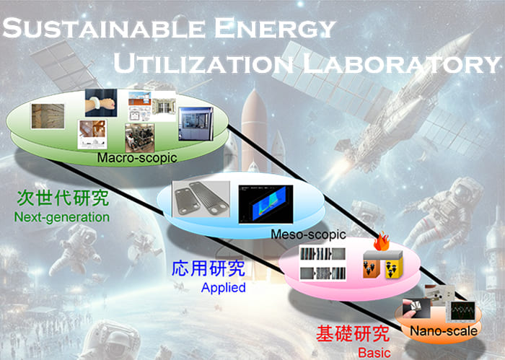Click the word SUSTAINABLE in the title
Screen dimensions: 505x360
pyautogui.click(x=104, y=28)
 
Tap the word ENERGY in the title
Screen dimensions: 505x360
pyautogui.click(x=275, y=28)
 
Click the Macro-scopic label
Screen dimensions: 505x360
pyautogui.click(x=137, y=158)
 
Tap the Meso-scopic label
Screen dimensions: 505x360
pyautogui.click(x=308, y=234)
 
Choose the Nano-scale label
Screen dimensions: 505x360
pyautogui.click(x=444, y=330)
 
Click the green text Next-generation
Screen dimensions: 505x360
pyautogui.click(x=62, y=217)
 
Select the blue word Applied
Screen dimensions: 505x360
pyautogui.click(x=223, y=287)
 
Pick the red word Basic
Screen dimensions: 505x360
pyautogui.click(x=374, y=353)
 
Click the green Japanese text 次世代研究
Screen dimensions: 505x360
pyautogui.click(x=63, y=198)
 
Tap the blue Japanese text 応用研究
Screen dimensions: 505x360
pyautogui.click(x=208, y=268)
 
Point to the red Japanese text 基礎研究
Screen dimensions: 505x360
pyautogui.click(x=353, y=333)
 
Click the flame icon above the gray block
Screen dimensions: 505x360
pyautogui.click(x=382, y=241)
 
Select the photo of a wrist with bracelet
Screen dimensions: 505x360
pyautogui.click(x=101, y=102)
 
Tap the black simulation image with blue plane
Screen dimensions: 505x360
pyautogui.click(x=265, y=204)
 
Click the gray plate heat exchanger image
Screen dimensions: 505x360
pyautogui.click(x=201, y=198)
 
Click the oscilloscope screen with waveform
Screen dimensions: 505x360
pyautogui.click(x=463, y=311)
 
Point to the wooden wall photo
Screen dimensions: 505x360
pyautogui.click(x=48, y=116)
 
